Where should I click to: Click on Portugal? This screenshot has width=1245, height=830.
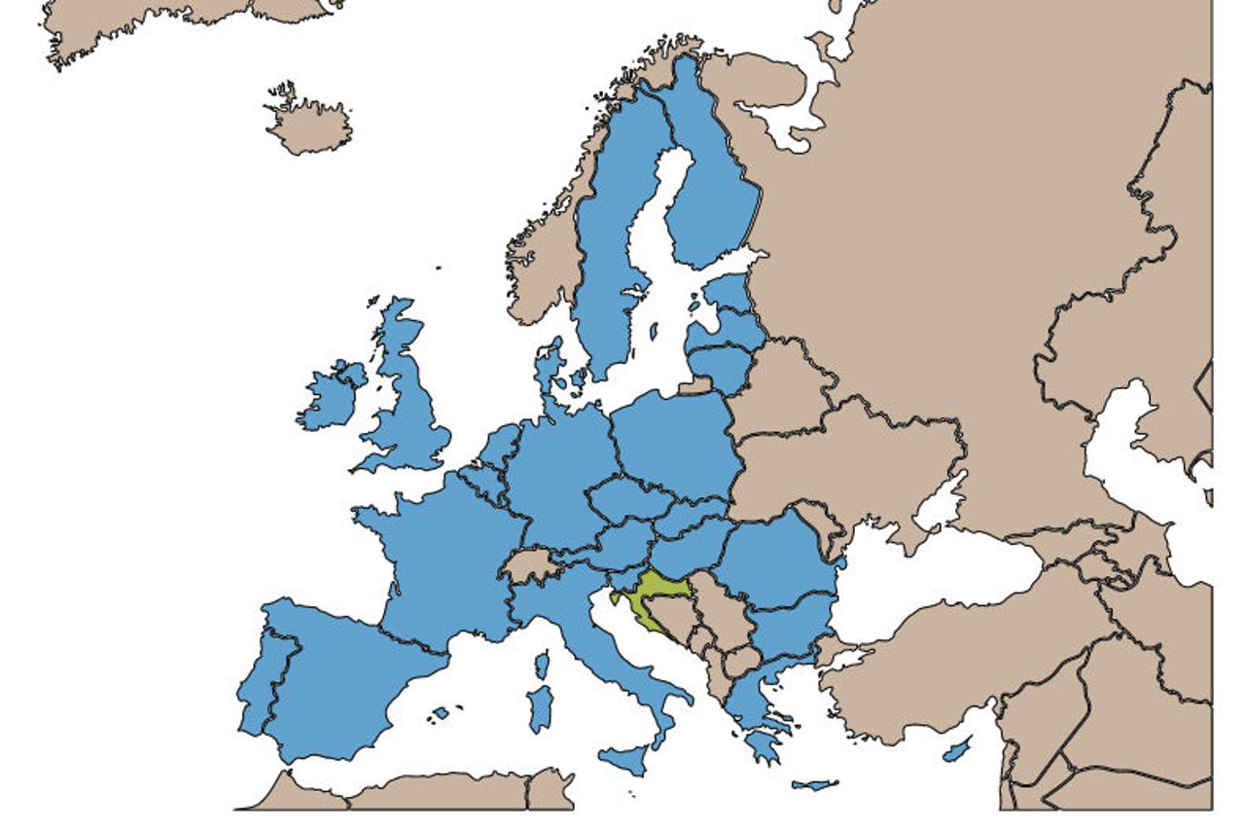pyautogui.click(x=255, y=681)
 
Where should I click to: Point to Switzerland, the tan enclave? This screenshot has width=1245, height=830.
pyautogui.click(x=531, y=565)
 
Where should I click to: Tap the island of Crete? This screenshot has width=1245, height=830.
pyautogui.click(x=815, y=784)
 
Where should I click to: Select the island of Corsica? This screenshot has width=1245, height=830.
pyautogui.click(x=542, y=666)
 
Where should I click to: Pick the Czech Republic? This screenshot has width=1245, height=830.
pyautogui.click(x=627, y=499)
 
